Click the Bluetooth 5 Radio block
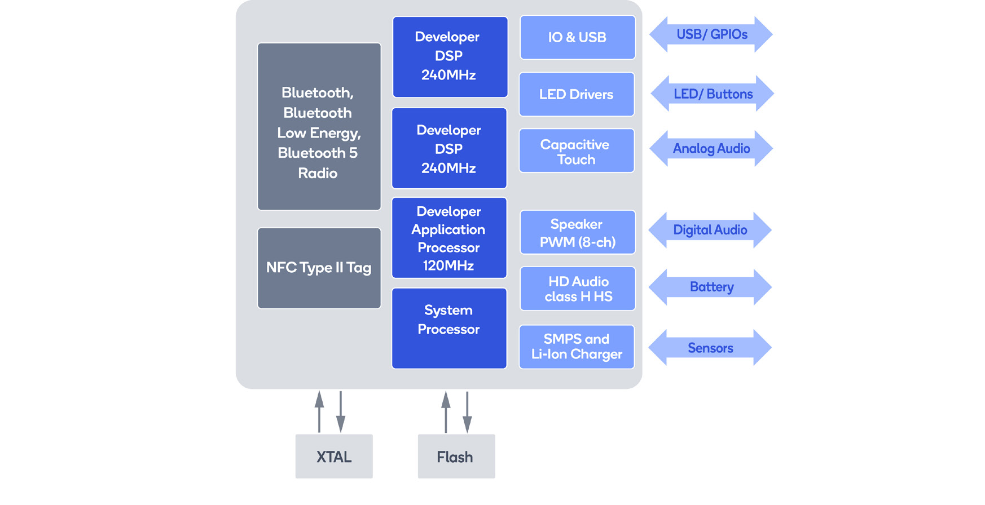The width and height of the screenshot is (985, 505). pyautogui.click(x=319, y=127)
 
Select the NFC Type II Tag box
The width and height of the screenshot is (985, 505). pyautogui.click(x=319, y=268)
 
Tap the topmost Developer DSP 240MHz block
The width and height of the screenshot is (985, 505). pyautogui.click(x=450, y=56)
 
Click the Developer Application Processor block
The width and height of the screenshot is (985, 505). pyautogui.click(x=449, y=237)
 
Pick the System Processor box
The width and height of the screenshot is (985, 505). pyautogui.click(x=449, y=328)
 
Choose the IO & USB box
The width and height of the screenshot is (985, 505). pyautogui.click(x=577, y=37)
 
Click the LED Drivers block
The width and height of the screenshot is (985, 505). pyautogui.click(x=577, y=94)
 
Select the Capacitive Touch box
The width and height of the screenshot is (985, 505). pyautogui.click(x=577, y=151)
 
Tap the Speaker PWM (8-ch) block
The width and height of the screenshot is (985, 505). pyautogui.click(x=577, y=232)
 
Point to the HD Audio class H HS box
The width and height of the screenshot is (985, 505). pyautogui.click(x=577, y=289)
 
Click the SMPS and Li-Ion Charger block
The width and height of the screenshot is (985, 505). pyautogui.click(x=577, y=347)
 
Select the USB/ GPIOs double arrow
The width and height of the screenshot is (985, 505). pyautogui.click(x=711, y=34)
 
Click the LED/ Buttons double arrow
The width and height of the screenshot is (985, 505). pyautogui.click(x=712, y=94)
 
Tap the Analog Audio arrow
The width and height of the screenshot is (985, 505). pyautogui.click(x=711, y=148)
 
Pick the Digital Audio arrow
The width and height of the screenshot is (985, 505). pyautogui.click(x=710, y=230)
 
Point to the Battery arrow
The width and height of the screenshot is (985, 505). pyautogui.click(x=710, y=287)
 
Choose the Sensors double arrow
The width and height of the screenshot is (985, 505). pyautogui.click(x=710, y=348)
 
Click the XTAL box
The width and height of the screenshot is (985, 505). pyautogui.click(x=334, y=456)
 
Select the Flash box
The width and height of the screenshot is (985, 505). pyautogui.click(x=456, y=456)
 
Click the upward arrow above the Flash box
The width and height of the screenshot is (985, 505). pyautogui.click(x=446, y=411)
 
